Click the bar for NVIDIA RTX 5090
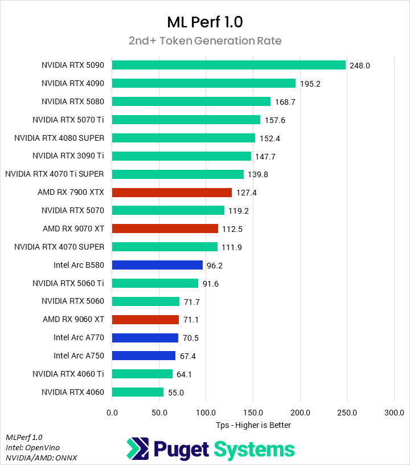229,65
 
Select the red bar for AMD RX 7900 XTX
172,193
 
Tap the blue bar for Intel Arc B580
157,265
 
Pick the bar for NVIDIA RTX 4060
138,392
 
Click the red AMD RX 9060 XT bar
145,320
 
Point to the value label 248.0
360,66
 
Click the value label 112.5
232,229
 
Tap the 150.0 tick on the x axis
253,412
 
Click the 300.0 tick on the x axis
394,412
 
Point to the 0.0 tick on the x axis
112,412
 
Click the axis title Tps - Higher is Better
253,425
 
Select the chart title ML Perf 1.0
205,22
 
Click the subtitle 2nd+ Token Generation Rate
205,41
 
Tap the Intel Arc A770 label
79,337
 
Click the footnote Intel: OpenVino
32,447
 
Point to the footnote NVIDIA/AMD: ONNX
41,458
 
